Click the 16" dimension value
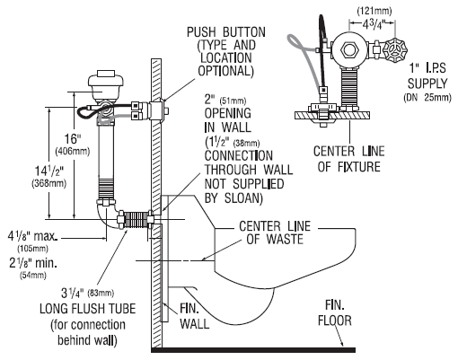tap(73, 139)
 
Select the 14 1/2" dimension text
tap(49, 171)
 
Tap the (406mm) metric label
tap(73, 152)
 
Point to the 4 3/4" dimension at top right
tap(374, 24)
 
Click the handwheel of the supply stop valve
tap(395, 49)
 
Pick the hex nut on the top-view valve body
tap(349, 48)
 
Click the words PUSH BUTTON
tap(226, 32)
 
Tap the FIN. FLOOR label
tap(334, 313)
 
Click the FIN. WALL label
tap(194, 316)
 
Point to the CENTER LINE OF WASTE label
tap(275, 233)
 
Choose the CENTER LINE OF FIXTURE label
tap(349, 159)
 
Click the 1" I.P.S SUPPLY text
tap(427, 76)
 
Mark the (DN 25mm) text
tap(427, 98)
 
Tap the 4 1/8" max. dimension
tap(32, 237)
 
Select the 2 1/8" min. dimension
tap(33, 263)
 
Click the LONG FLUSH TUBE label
tap(88, 309)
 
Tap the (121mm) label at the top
tap(374, 12)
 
